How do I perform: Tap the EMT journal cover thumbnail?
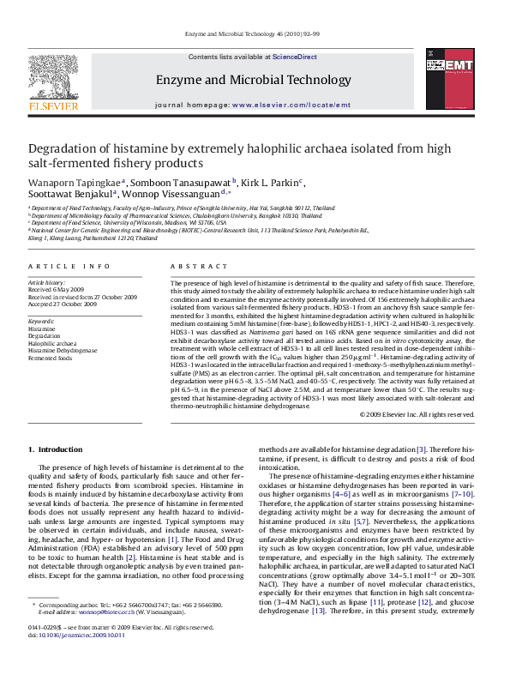448,79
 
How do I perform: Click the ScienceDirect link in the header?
294,57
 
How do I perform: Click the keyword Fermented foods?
51,358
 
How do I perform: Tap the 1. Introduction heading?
55,449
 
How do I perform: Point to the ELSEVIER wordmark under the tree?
53,106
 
